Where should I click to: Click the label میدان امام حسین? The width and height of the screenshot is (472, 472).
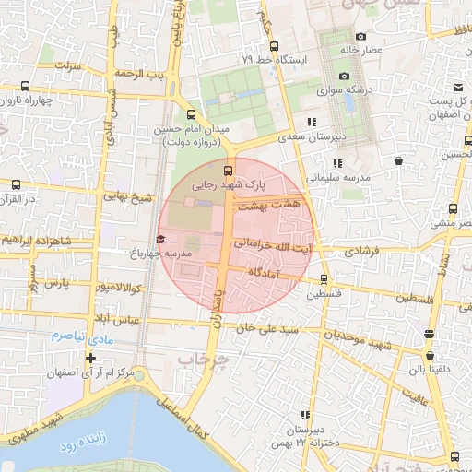[234, 128]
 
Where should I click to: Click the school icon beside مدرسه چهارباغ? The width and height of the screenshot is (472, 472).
[161, 240]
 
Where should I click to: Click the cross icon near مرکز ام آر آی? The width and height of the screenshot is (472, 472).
[90, 358]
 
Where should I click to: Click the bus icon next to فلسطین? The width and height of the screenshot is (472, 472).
[324, 278]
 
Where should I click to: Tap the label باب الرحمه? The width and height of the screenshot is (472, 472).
[138, 73]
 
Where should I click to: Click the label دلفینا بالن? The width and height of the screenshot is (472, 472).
[430, 370]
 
